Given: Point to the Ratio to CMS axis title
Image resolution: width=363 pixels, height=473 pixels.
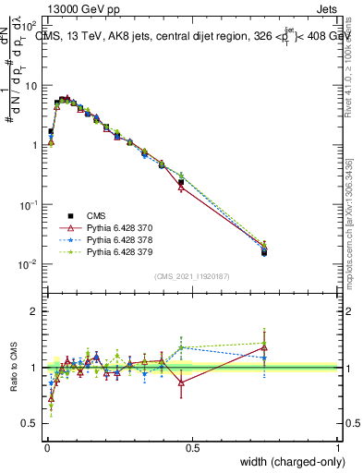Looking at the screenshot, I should pyautogui.click(x=12, y=368).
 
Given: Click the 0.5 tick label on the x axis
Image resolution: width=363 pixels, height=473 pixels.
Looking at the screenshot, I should pyautogui.click(x=192, y=448).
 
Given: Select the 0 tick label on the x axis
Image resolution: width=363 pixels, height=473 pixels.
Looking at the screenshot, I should pyautogui.click(x=47, y=448).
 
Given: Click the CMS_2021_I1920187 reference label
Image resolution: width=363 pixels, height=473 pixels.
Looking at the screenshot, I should pyautogui.click(x=192, y=276).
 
